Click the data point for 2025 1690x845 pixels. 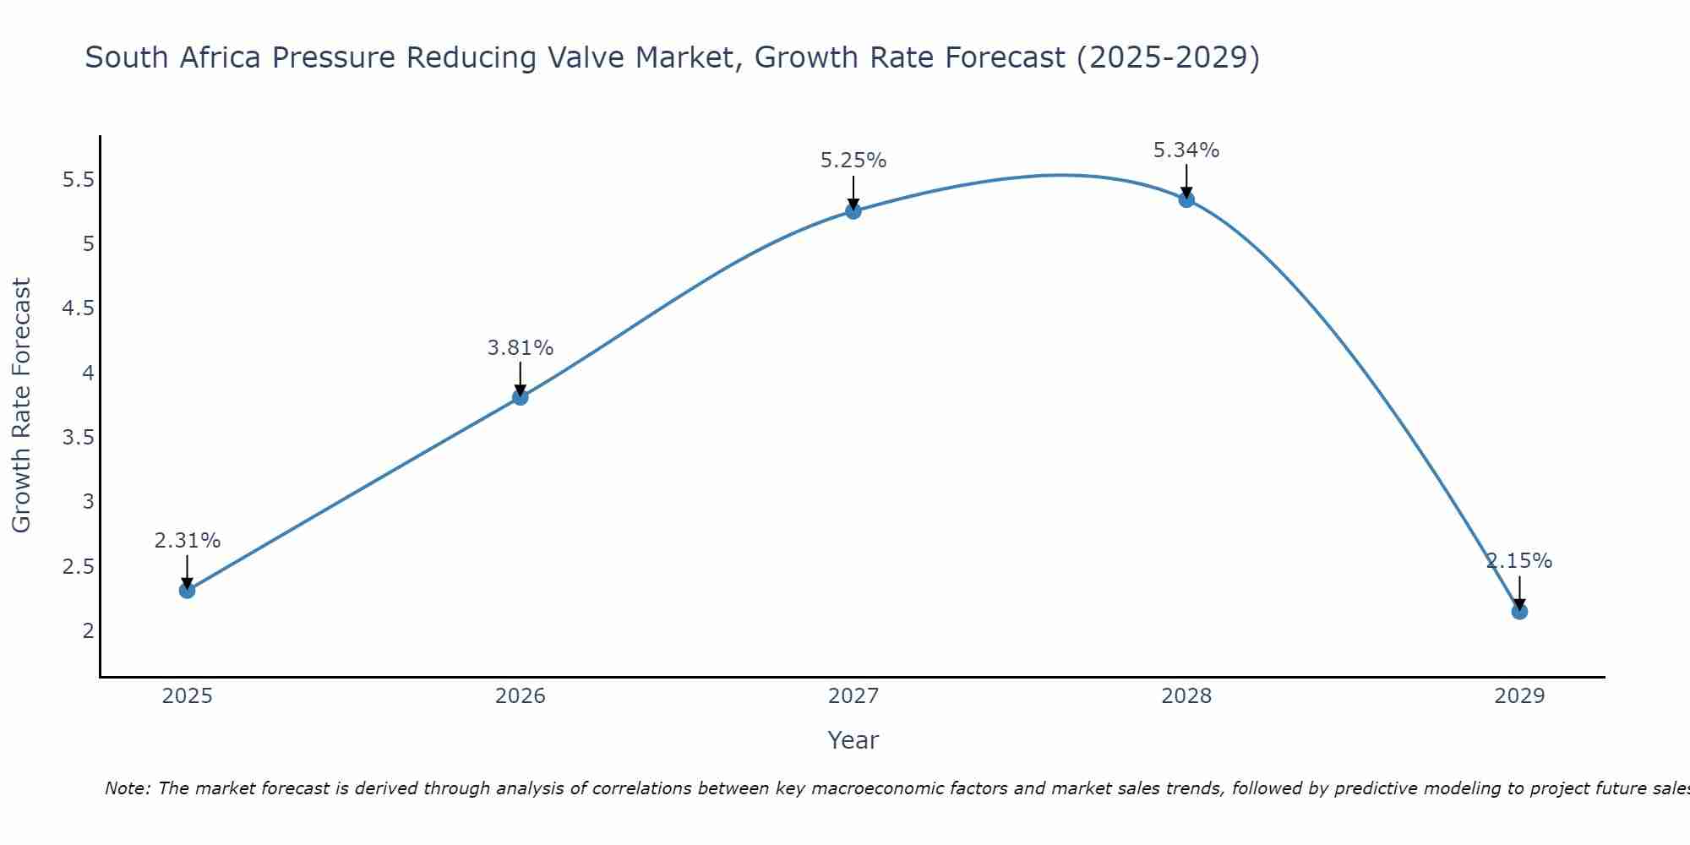(x=188, y=590)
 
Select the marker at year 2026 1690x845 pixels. (x=521, y=397)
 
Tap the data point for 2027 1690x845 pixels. (x=853, y=211)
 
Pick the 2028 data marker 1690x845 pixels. (x=1186, y=199)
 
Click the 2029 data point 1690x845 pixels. (x=1519, y=611)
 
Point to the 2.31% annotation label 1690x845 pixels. (x=188, y=541)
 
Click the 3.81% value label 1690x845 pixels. (x=521, y=348)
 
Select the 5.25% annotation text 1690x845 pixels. (x=853, y=161)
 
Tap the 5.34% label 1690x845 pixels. (x=1186, y=150)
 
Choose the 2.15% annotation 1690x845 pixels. (x=1519, y=561)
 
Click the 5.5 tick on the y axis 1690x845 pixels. (x=79, y=180)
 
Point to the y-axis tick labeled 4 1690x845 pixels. (x=88, y=373)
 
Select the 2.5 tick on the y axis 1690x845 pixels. (x=79, y=566)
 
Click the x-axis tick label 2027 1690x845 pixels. (x=853, y=696)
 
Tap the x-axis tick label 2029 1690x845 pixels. (x=1519, y=696)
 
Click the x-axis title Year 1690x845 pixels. (x=853, y=740)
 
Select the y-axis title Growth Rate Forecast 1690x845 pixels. (x=21, y=405)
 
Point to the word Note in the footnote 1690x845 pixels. (x=127, y=788)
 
